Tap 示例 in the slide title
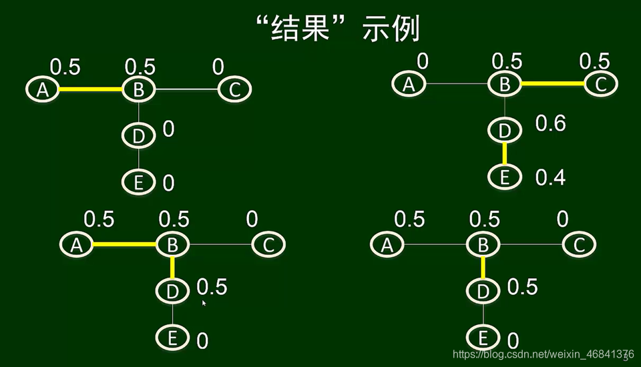[391, 29]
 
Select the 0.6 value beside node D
[551, 123]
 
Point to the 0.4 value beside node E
[551, 177]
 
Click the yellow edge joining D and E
[505, 154]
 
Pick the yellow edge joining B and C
[553, 83]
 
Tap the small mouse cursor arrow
[204, 303]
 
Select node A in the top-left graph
[43, 89]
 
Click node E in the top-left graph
[138, 181]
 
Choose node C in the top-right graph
[600, 83]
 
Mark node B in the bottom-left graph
[172, 245]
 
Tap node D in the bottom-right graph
[483, 290]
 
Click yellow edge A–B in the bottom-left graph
[124, 245]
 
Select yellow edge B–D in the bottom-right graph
[483, 268]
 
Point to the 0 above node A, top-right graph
[423, 62]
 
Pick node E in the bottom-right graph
[483, 336]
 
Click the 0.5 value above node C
[594, 61]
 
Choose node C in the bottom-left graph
[268, 245]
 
